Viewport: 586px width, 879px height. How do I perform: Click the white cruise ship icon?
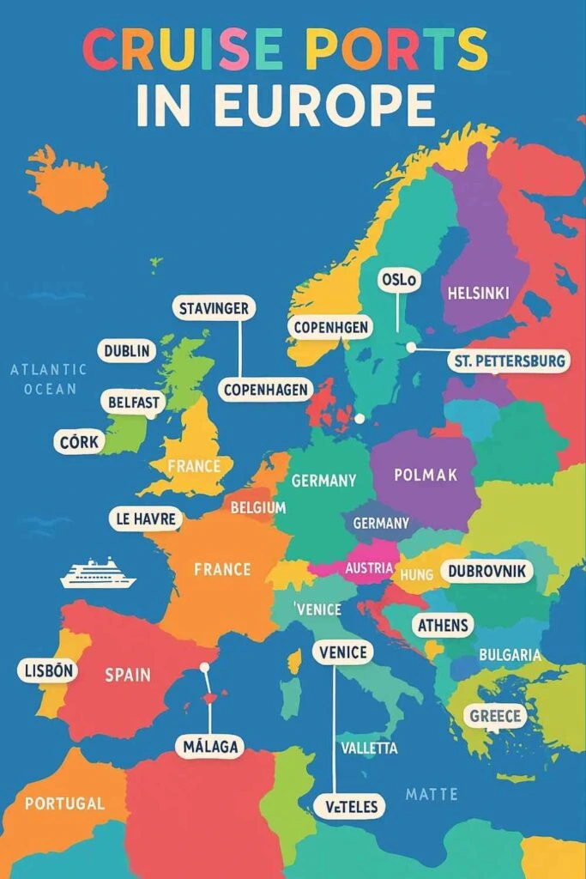point(97,573)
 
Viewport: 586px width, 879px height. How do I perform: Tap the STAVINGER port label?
point(214,307)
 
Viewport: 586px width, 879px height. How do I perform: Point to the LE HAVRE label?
point(146,518)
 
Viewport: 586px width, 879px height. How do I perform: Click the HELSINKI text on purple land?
point(478,294)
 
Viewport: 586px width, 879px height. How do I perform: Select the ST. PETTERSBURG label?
point(508,361)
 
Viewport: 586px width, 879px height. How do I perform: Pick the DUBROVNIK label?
point(486,571)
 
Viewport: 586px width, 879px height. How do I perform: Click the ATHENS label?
point(442,626)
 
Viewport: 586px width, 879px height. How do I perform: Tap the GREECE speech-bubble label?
point(496,715)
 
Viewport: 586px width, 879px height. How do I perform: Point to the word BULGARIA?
point(510,656)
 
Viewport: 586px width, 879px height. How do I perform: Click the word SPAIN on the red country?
point(128,675)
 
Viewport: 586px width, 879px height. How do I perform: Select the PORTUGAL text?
point(64,804)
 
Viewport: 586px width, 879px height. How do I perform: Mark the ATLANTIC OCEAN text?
point(49,379)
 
